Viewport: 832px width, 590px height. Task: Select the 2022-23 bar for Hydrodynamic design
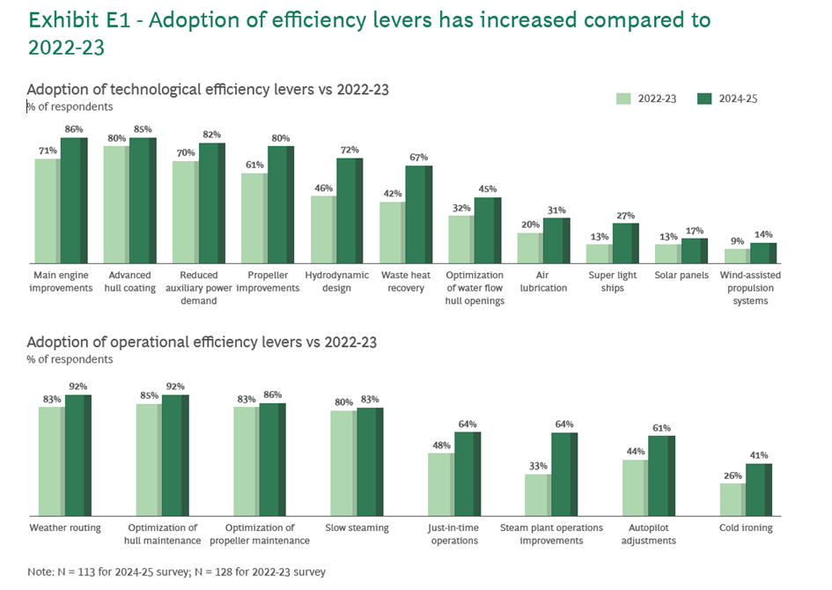point(323,229)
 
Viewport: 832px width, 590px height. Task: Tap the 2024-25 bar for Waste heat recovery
point(418,214)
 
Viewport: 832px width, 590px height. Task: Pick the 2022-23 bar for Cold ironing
point(732,499)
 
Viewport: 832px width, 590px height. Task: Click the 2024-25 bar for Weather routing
point(77,454)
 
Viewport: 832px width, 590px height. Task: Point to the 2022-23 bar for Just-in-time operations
point(440,483)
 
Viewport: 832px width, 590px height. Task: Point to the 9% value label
point(736,241)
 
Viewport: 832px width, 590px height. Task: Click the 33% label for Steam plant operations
point(538,467)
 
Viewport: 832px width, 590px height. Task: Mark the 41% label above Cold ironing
point(759,456)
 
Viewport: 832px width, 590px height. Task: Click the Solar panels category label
point(681,276)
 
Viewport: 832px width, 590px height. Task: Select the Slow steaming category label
point(357,528)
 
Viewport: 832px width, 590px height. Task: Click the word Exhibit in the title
point(61,19)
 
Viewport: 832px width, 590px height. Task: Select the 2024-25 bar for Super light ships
point(624,243)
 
